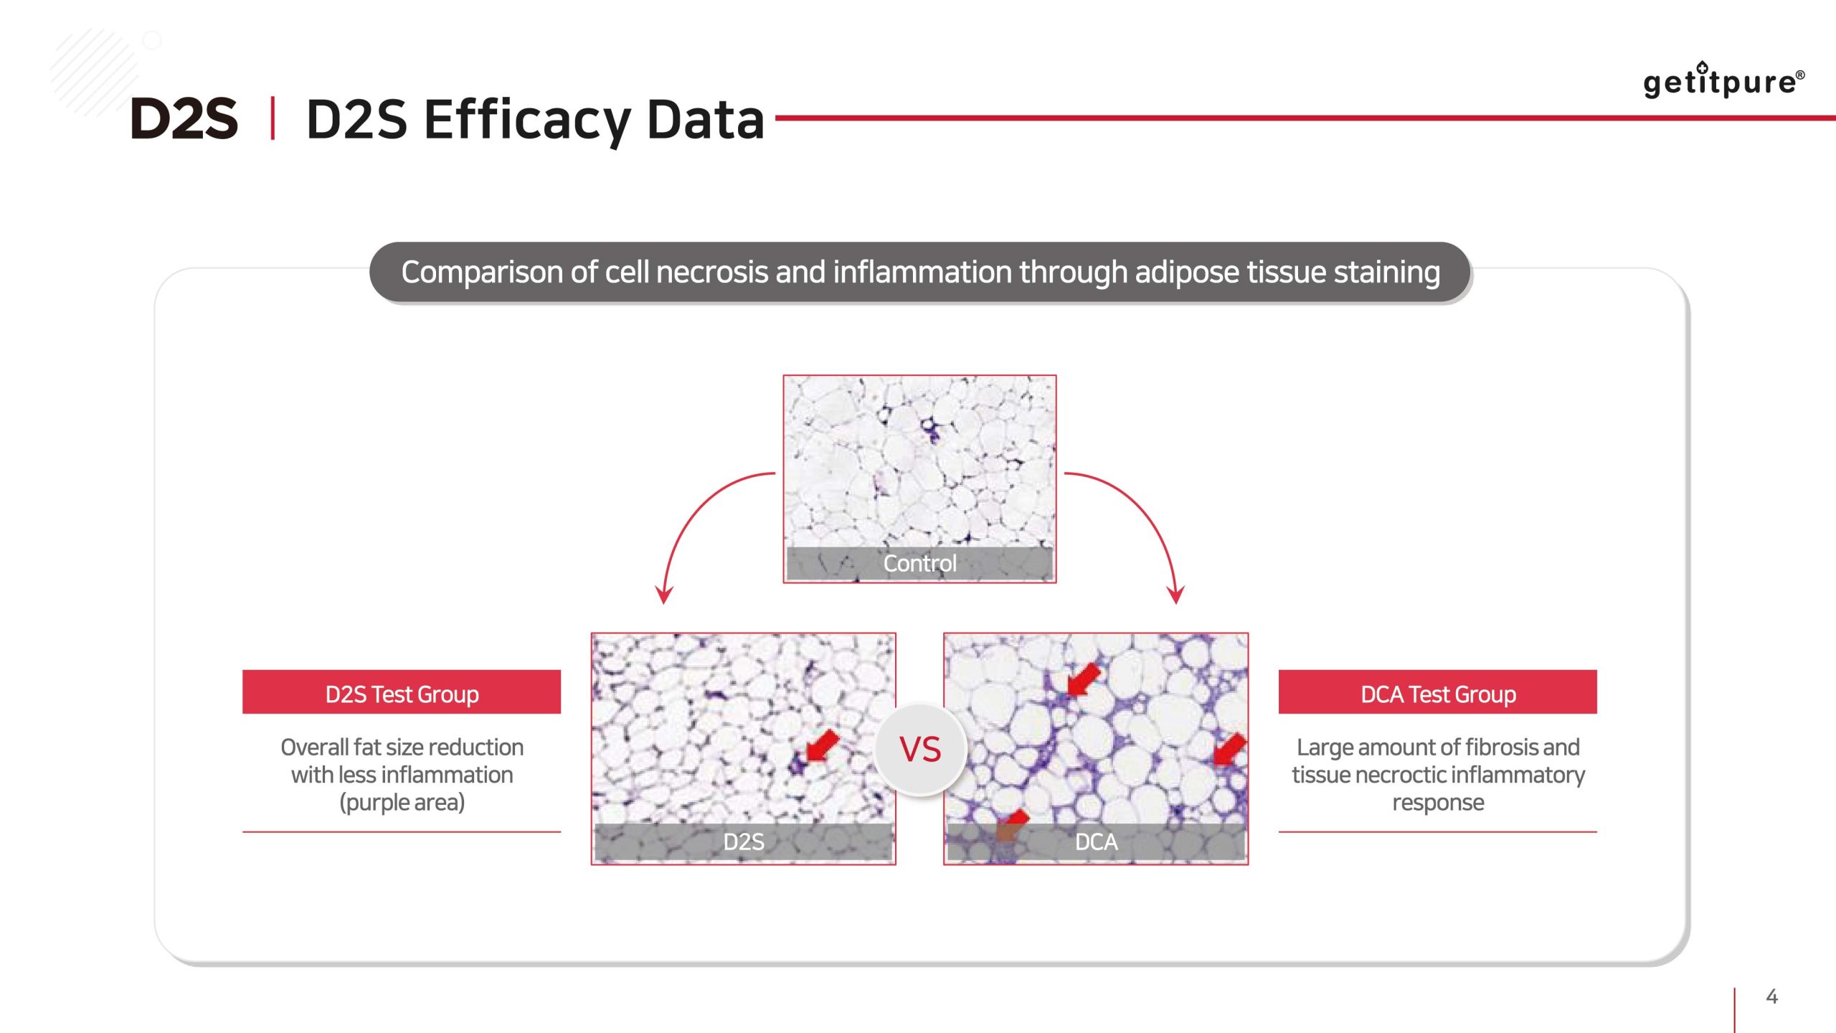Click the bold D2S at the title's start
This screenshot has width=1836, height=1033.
184,118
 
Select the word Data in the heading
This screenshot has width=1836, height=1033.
706,119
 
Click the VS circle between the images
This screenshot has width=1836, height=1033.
921,750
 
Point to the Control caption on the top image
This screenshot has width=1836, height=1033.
919,563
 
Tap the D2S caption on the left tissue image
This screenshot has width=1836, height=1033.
744,841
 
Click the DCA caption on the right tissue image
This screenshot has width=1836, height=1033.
1096,841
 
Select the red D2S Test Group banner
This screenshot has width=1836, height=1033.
402,692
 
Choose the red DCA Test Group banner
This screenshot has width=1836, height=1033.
1438,692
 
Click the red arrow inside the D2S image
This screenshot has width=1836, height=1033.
822,746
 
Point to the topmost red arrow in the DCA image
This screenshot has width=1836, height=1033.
1083,679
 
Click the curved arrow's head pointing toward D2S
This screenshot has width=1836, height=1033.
664,595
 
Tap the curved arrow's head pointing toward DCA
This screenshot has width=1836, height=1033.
1175,595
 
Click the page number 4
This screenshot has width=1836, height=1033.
1771,996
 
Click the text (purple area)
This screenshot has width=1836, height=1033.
402,803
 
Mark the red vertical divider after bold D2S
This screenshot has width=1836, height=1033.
273,118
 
